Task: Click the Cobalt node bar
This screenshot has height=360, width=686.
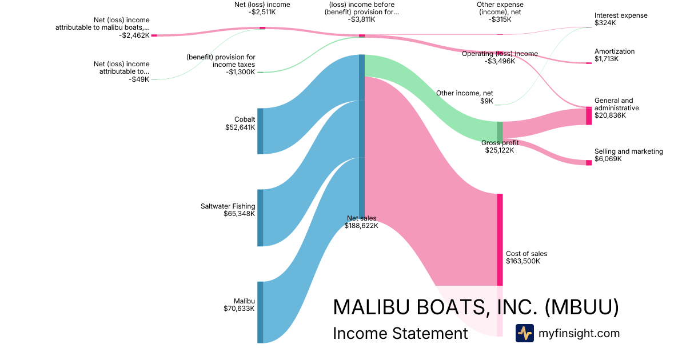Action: coord(260,131)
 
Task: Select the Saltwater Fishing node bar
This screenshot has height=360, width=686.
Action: coord(260,218)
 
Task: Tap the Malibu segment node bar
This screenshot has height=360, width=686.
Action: coord(260,312)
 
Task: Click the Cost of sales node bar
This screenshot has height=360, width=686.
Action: coord(500,239)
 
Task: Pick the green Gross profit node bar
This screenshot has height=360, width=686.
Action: coord(500,130)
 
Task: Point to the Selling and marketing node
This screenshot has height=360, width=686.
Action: coord(589,163)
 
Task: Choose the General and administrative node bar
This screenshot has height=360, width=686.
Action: coord(589,116)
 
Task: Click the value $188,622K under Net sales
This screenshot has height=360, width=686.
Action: coord(361,226)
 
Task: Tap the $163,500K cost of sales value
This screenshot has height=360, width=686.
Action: coord(523,261)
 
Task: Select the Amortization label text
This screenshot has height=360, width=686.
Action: coord(614,51)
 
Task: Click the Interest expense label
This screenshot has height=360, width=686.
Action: coord(621,15)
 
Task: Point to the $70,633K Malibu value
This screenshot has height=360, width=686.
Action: coord(239,309)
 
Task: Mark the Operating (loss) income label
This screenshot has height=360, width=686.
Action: coord(500,54)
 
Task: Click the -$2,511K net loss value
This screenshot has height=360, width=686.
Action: coord(262,12)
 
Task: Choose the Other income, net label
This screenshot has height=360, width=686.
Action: coord(464,93)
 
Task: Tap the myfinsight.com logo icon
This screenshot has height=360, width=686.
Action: coord(525,333)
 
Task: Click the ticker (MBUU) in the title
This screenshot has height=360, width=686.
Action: coord(581,307)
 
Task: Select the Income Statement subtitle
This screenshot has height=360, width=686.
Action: coord(400,334)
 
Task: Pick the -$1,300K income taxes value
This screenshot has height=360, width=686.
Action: coord(240,72)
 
